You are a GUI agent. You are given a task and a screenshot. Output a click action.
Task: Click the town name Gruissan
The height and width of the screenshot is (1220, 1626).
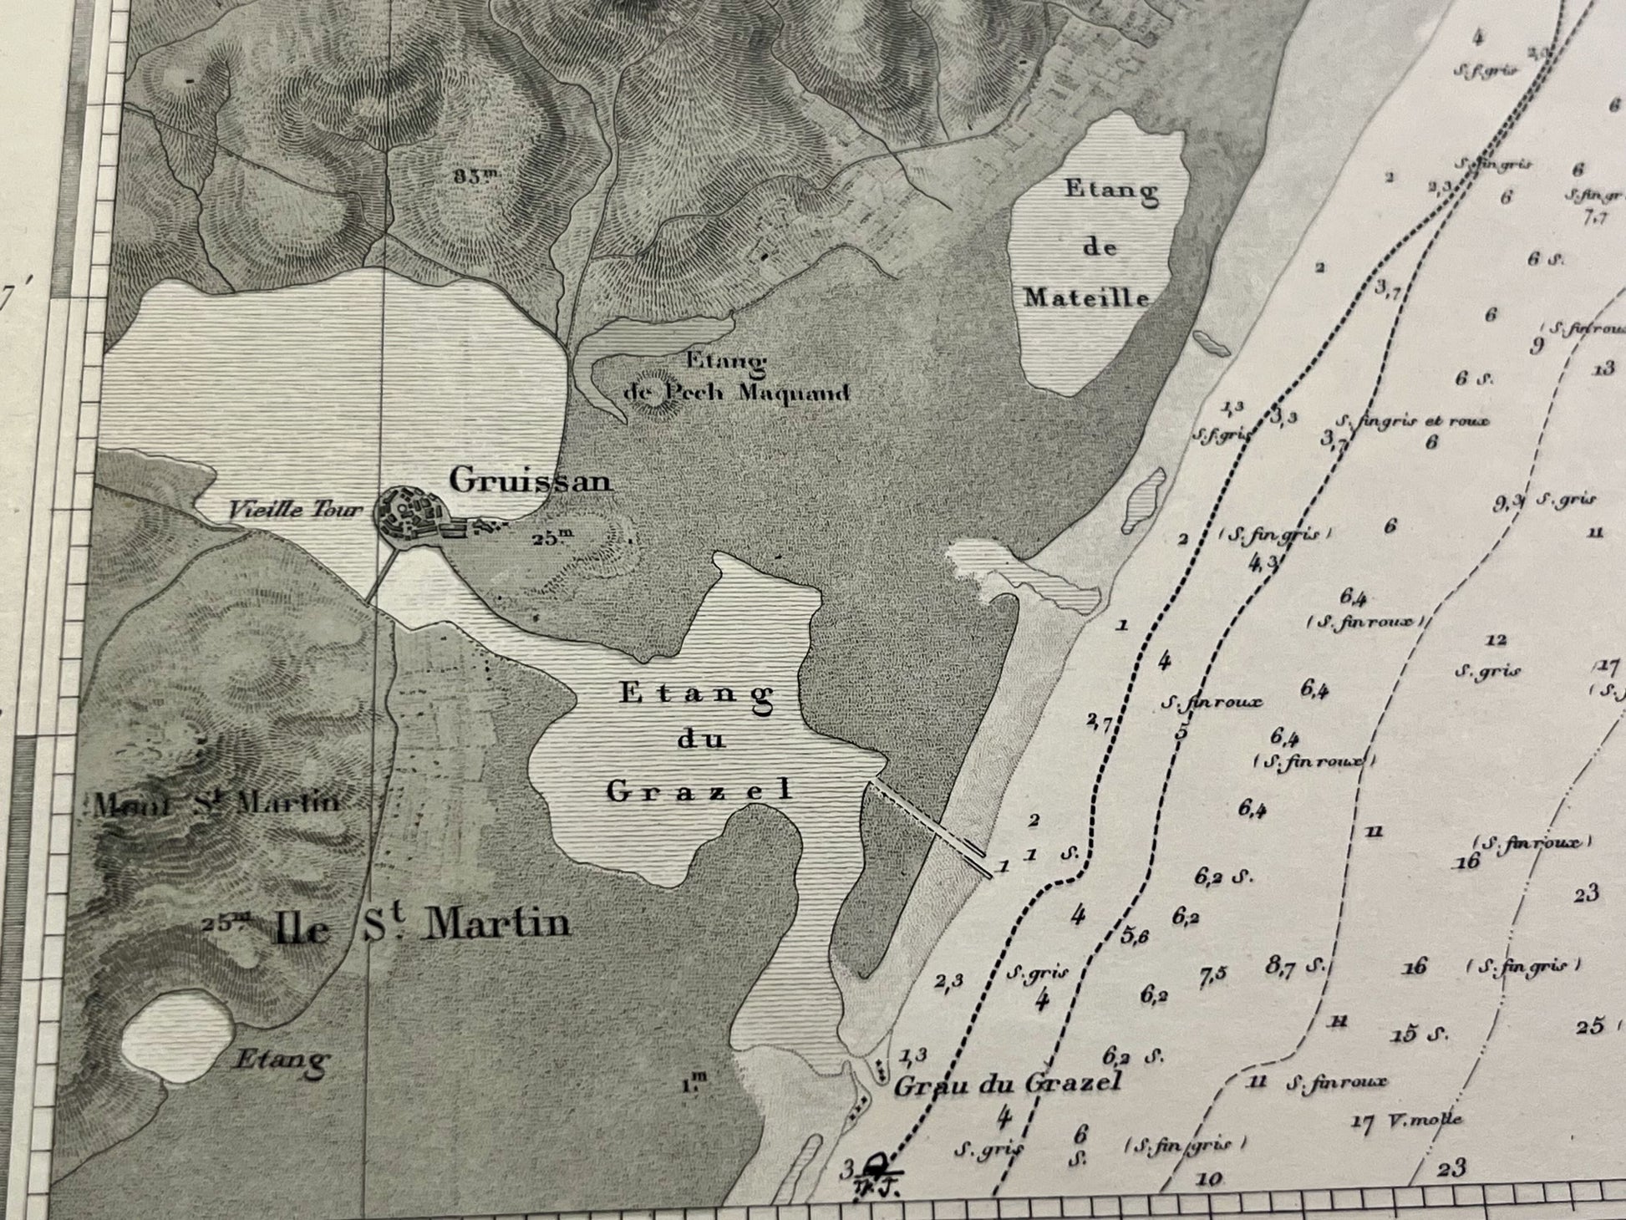pyautogui.click(x=531, y=480)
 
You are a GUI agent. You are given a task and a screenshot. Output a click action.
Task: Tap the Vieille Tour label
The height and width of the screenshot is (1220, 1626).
pyautogui.click(x=296, y=509)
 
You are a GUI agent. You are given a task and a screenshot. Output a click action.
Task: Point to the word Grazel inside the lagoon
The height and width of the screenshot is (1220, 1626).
pyautogui.click(x=699, y=790)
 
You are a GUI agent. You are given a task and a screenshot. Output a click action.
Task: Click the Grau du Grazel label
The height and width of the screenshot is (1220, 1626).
pyautogui.click(x=1007, y=1085)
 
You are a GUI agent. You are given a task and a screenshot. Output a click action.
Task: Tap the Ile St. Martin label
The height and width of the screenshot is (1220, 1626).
pyautogui.click(x=422, y=925)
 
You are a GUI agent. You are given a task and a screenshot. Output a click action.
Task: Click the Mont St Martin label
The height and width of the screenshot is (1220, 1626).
pyautogui.click(x=217, y=804)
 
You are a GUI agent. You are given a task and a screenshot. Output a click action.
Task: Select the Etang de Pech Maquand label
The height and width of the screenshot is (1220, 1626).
pyautogui.click(x=735, y=379)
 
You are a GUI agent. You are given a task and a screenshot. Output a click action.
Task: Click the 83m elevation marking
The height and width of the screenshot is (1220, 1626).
pyautogui.click(x=476, y=175)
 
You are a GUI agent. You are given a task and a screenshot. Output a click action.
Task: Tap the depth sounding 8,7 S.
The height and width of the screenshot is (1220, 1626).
pyautogui.click(x=1294, y=966)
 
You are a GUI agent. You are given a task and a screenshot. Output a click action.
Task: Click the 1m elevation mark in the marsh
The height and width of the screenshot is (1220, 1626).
pyautogui.click(x=694, y=1084)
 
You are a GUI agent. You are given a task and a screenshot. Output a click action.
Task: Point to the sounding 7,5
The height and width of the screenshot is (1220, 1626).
pyautogui.click(x=1213, y=976)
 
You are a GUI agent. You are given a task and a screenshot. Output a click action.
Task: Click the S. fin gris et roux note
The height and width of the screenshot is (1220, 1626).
pyautogui.click(x=1412, y=421)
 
